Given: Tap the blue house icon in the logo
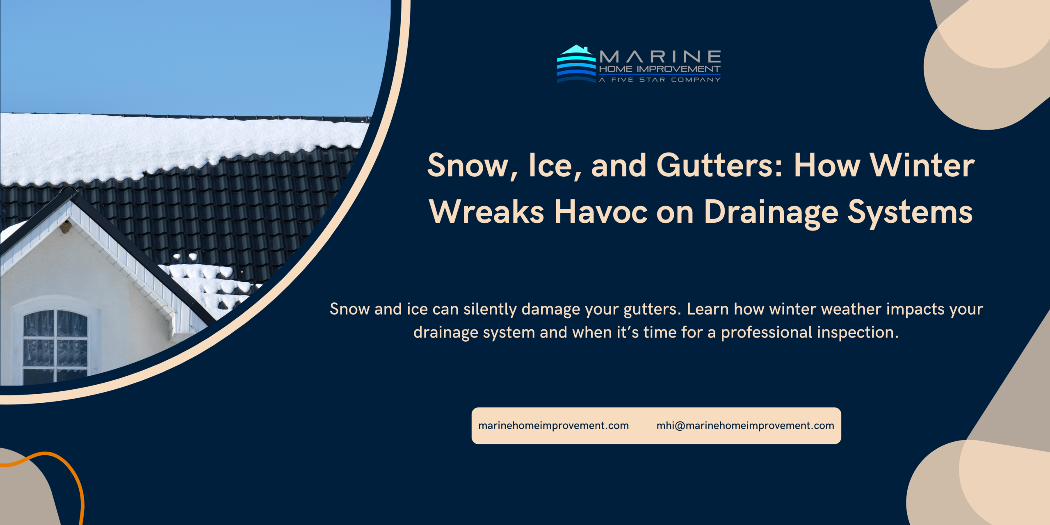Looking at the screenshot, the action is (576, 64).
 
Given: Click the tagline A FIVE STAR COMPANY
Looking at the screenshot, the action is (660, 80).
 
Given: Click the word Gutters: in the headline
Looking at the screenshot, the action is (720, 165).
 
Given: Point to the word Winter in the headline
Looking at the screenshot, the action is (922, 165).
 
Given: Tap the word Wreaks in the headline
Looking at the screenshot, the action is (486, 212).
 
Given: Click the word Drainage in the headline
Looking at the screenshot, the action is (771, 213).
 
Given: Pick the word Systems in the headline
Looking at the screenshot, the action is (910, 213).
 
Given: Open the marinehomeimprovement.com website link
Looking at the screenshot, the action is (553, 426).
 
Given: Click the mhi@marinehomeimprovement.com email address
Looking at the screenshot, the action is (745, 426).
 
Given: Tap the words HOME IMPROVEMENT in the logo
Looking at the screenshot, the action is (660, 69).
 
